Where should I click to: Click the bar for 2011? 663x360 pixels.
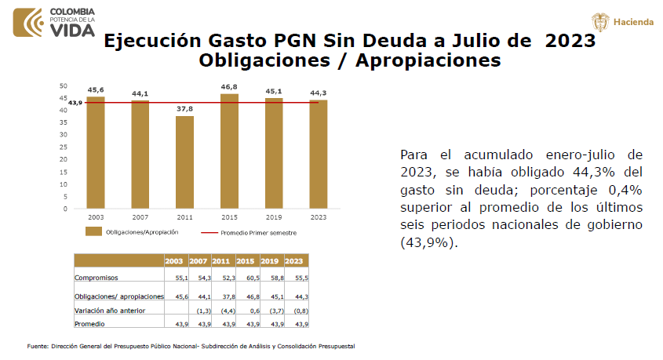click(184, 162)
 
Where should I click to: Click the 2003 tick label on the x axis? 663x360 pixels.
click(95, 216)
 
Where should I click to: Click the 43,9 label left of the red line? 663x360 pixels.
click(75, 103)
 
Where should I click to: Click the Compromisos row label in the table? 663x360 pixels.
click(95, 278)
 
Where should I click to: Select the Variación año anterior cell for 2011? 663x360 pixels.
click(220, 310)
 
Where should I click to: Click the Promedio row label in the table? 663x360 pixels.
click(89, 323)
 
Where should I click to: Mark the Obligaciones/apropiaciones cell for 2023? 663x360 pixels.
click(297, 296)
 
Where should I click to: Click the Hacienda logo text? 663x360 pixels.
click(632, 22)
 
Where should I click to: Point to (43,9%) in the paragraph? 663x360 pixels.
click(428, 242)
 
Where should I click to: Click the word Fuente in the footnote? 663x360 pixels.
click(37, 347)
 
